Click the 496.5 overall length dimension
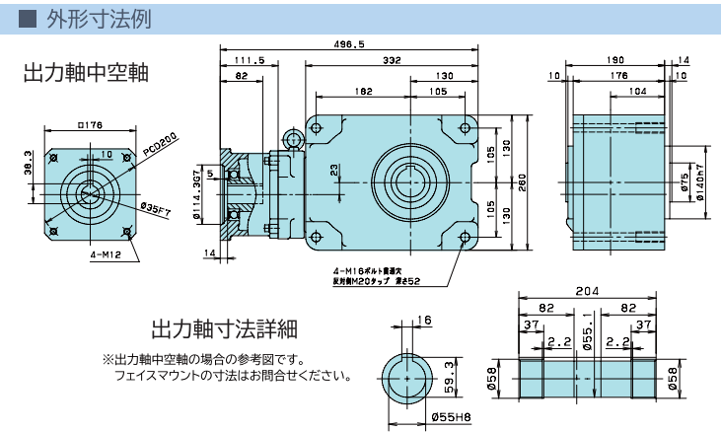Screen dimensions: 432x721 349,44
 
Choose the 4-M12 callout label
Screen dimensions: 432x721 99,255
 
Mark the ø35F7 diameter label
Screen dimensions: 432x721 158,208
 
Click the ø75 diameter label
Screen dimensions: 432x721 684,181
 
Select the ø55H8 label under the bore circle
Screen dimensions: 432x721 451,417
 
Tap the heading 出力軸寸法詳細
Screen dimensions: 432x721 224,327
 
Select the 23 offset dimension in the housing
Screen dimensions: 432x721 335,170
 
